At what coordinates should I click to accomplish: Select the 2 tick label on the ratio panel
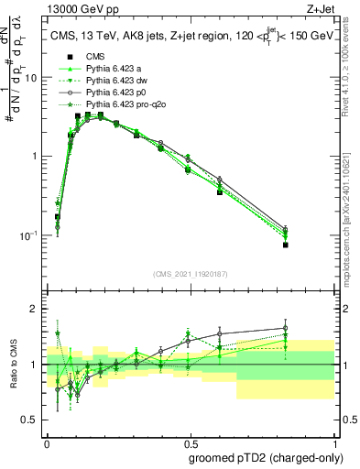coord(34,309)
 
